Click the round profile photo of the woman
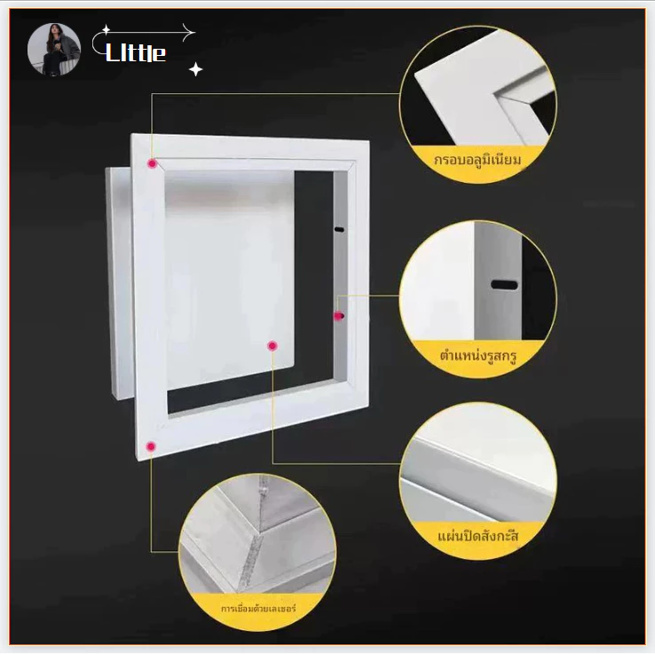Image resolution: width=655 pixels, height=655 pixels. point(54,50)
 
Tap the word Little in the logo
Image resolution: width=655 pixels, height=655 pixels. point(136,52)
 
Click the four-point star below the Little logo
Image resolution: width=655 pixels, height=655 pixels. point(195,69)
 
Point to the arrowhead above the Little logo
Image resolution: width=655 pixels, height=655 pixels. point(189,32)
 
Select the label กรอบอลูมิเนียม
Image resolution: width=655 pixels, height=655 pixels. point(477,160)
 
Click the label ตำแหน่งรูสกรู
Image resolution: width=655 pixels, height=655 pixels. point(477,356)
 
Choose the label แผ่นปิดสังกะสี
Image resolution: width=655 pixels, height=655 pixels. point(477,536)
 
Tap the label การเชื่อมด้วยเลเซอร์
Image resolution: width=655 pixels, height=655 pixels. point(258,608)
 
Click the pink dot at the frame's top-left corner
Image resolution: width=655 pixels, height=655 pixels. point(152,163)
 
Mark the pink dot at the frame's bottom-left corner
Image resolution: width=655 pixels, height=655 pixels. point(151,446)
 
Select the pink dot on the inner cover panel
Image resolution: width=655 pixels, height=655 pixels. point(272,345)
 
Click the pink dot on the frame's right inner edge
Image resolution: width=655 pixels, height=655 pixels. point(338,316)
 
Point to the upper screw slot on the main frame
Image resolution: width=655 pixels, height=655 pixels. point(339,229)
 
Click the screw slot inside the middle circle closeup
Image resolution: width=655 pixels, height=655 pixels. point(504,285)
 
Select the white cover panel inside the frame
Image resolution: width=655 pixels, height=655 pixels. point(229,278)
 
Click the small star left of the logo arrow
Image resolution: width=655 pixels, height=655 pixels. point(107,29)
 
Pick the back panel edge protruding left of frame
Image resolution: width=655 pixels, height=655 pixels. point(119,284)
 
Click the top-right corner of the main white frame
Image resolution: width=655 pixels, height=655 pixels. point(368,142)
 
